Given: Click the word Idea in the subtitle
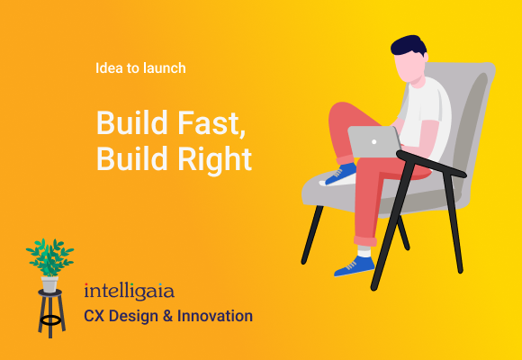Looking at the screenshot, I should click(x=106, y=67).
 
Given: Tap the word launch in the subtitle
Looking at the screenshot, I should click(x=166, y=67).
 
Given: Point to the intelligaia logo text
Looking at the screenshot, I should click(x=129, y=292).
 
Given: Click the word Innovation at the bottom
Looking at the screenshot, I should click(x=216, y=316).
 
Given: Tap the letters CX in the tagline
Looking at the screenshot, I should click(x=94, y=316).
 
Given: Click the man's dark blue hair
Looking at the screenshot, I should click(x=409, y=46).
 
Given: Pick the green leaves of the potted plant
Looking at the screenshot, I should click(x=49, y=256).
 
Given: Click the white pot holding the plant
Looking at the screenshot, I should click(x=49, y=283).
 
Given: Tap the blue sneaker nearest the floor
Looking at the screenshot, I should click(x=355, y=265).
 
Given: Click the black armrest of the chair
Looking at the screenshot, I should click(x=432, y=162).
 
